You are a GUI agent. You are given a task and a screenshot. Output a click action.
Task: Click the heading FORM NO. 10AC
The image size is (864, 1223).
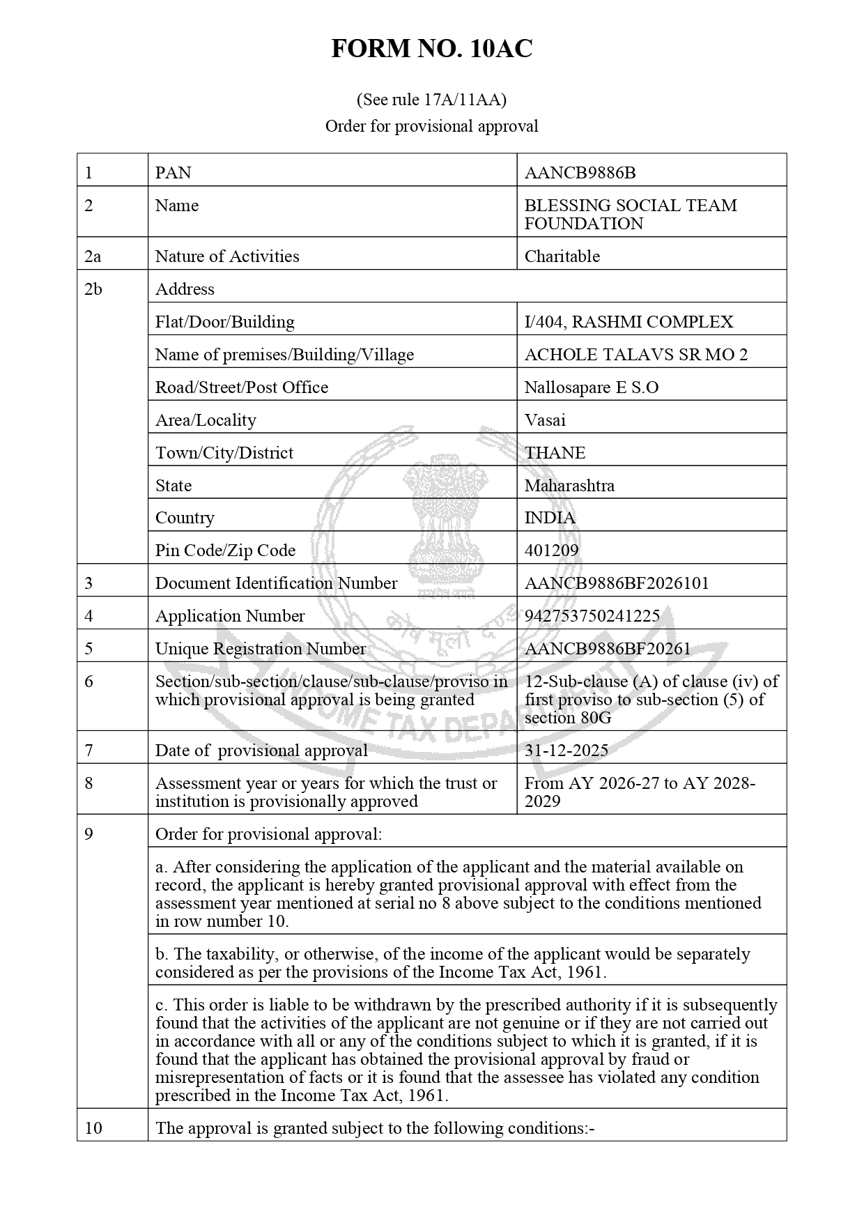[431, 49]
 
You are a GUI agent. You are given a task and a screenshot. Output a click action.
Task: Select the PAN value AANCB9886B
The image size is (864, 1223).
[580, 173]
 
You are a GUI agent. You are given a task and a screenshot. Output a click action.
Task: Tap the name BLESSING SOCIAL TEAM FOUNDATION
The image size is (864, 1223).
[630, 215]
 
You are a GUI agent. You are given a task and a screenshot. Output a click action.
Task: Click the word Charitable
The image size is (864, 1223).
[562, 256]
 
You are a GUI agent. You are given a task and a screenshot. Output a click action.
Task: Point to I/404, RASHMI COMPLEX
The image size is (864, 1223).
[628, 322]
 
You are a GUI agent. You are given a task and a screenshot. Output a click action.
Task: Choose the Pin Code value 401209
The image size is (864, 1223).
[551, 551]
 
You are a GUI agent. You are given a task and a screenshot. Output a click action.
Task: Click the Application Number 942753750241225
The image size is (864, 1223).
[592, 616]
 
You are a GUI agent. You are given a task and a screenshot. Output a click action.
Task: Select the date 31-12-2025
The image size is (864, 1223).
[566, 751]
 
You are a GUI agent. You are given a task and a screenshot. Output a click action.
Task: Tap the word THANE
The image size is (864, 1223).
[555, 453]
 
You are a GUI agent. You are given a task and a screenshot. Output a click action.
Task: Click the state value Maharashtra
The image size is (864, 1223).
[569, 486]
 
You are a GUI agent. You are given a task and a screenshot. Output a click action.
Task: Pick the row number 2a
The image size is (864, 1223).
[93, 256]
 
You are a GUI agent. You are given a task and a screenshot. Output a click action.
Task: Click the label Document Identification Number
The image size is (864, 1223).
[276, 583]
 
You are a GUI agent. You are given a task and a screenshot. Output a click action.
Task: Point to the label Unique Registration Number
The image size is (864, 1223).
[260, 649]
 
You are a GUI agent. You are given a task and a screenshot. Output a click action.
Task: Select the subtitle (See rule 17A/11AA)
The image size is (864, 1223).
[431, 100]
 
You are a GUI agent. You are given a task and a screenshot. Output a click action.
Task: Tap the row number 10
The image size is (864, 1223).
[93, 1128]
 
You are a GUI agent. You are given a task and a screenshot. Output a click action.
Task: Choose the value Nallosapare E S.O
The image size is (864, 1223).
[591, 387]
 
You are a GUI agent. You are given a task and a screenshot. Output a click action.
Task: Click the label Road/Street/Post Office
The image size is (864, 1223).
[241, 387]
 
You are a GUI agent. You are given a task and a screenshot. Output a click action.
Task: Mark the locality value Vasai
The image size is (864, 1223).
[545, 420]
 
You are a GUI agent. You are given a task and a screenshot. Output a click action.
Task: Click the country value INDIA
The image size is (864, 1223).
[550, 518]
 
